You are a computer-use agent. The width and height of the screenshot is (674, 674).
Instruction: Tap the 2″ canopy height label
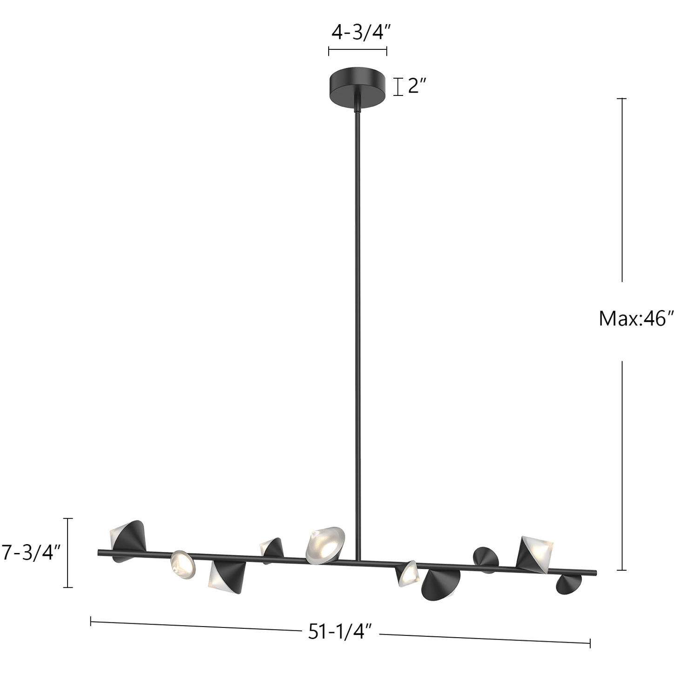(417, 87)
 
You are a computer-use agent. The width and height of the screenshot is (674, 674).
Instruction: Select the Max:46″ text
(636, 319)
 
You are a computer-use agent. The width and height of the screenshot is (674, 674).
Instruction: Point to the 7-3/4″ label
(32, 553)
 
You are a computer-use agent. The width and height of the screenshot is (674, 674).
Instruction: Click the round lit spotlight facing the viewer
(182, 564)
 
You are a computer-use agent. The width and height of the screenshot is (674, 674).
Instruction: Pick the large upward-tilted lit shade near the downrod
(325, 544)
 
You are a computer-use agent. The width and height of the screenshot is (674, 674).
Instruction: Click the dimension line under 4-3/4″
(357, 51)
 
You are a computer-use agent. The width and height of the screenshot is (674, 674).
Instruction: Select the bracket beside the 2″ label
(398, 87)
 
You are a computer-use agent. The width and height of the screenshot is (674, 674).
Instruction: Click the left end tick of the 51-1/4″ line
(91, 621)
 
